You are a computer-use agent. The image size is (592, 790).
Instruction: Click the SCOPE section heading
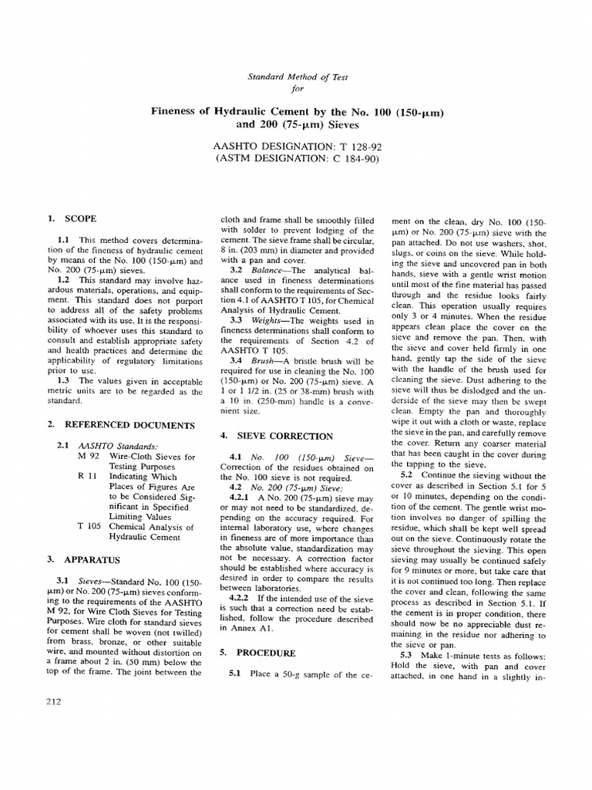tap(79, 219)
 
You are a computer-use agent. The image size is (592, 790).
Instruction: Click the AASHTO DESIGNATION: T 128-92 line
tap(295, 147)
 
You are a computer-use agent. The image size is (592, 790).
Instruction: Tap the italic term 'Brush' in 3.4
tap(261, 360)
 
